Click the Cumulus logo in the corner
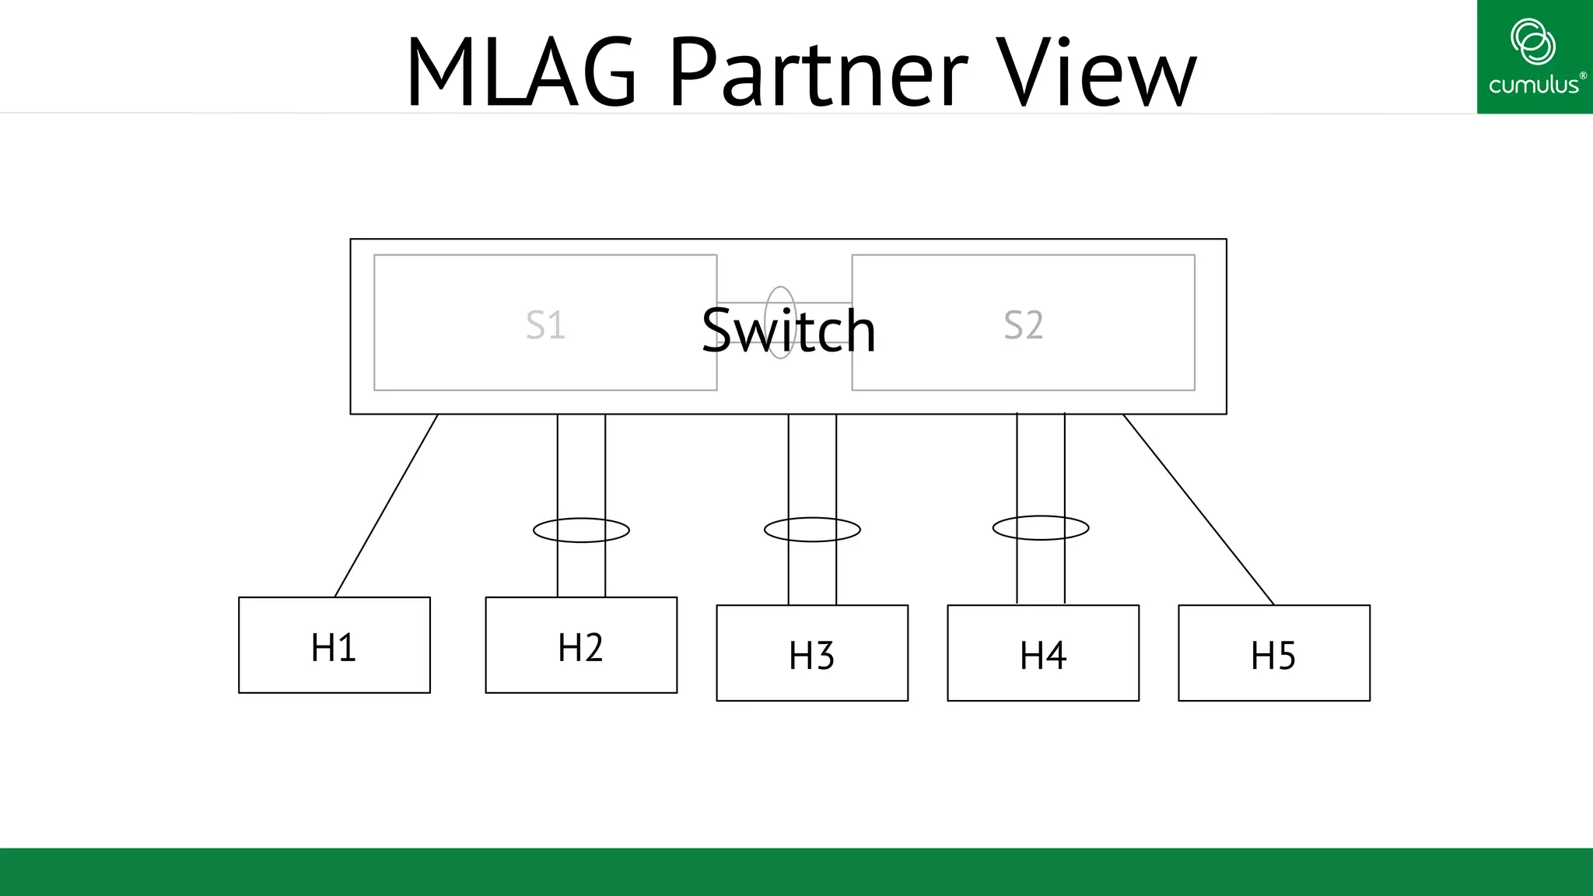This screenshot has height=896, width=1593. pos(1534,58)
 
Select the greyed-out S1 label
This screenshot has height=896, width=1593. pos(544,325)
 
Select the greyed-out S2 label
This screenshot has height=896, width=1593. pos(1023,325)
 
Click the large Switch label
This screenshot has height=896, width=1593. pos(789,331)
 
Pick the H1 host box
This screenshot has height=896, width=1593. pos(334,645)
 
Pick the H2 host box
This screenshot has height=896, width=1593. pos(581,645)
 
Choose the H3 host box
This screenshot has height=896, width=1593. pos(812,653)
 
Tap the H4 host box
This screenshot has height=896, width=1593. pos(1043,653)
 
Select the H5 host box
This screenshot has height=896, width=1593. pos(1274,653)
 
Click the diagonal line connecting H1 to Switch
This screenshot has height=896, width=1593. pos(387,506)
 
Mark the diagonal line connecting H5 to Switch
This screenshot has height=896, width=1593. pos(1199,509)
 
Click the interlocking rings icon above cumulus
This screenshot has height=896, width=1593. pos(1532,41)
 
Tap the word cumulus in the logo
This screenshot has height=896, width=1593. pos(1533,85)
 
